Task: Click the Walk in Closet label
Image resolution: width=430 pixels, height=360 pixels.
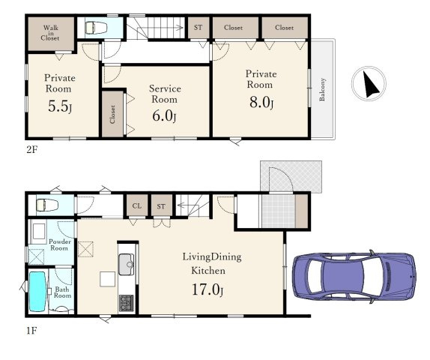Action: tap(51, 33)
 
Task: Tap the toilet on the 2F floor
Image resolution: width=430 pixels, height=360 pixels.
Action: tap(96, 28)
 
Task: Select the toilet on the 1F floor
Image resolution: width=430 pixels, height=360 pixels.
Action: tap(47, 205)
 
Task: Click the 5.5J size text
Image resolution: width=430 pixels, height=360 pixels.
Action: tap(60, 106)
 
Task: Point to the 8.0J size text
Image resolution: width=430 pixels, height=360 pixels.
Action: tap(261, 103)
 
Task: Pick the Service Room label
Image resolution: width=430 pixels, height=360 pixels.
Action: tap(165, 94)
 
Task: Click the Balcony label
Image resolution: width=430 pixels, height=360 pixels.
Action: tap(322, 89)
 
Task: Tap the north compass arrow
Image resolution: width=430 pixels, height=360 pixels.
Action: tap(371, 84)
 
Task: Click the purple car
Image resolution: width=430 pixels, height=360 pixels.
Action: tap(354, 277)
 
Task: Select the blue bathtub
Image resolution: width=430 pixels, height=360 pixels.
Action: tap(37, 292)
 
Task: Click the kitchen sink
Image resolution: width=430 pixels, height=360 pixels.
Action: tap(126, 264)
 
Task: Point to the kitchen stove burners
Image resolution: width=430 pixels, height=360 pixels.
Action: tap(126, 303)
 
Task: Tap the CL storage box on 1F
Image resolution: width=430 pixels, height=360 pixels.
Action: tap(137, 205)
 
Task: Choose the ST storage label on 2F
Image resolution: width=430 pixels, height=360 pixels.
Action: tap(198, 28)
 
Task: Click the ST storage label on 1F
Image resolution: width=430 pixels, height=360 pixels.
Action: tap(161, 206)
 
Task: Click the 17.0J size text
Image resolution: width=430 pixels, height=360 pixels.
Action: tap(208, 289)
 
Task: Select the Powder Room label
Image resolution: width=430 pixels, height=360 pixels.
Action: tap(59, 244)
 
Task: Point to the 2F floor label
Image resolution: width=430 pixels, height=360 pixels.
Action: tap(31, 150)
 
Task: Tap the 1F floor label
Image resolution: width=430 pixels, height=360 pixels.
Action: tap(31, 331)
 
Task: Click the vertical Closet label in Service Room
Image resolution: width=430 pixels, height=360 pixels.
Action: tap(112, 115)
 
